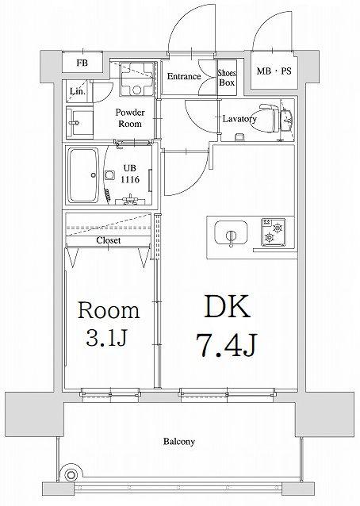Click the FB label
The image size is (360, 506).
82,63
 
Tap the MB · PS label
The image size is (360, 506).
274,71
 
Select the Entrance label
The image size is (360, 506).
184,76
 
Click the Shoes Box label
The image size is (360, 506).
227,78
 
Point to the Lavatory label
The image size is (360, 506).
239,119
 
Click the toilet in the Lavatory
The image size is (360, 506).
268,117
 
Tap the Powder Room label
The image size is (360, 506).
130,118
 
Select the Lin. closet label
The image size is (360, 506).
78,92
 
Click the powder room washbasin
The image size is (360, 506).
79,123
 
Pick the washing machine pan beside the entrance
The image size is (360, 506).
136,78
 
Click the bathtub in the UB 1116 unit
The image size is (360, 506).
83,175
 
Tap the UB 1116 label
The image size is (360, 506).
130,174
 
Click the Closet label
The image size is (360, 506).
109,240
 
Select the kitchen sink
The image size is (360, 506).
231,233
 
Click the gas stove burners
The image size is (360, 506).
274,232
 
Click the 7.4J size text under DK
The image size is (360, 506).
227,346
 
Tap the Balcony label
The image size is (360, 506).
178,442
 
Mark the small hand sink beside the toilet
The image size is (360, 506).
286,120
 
